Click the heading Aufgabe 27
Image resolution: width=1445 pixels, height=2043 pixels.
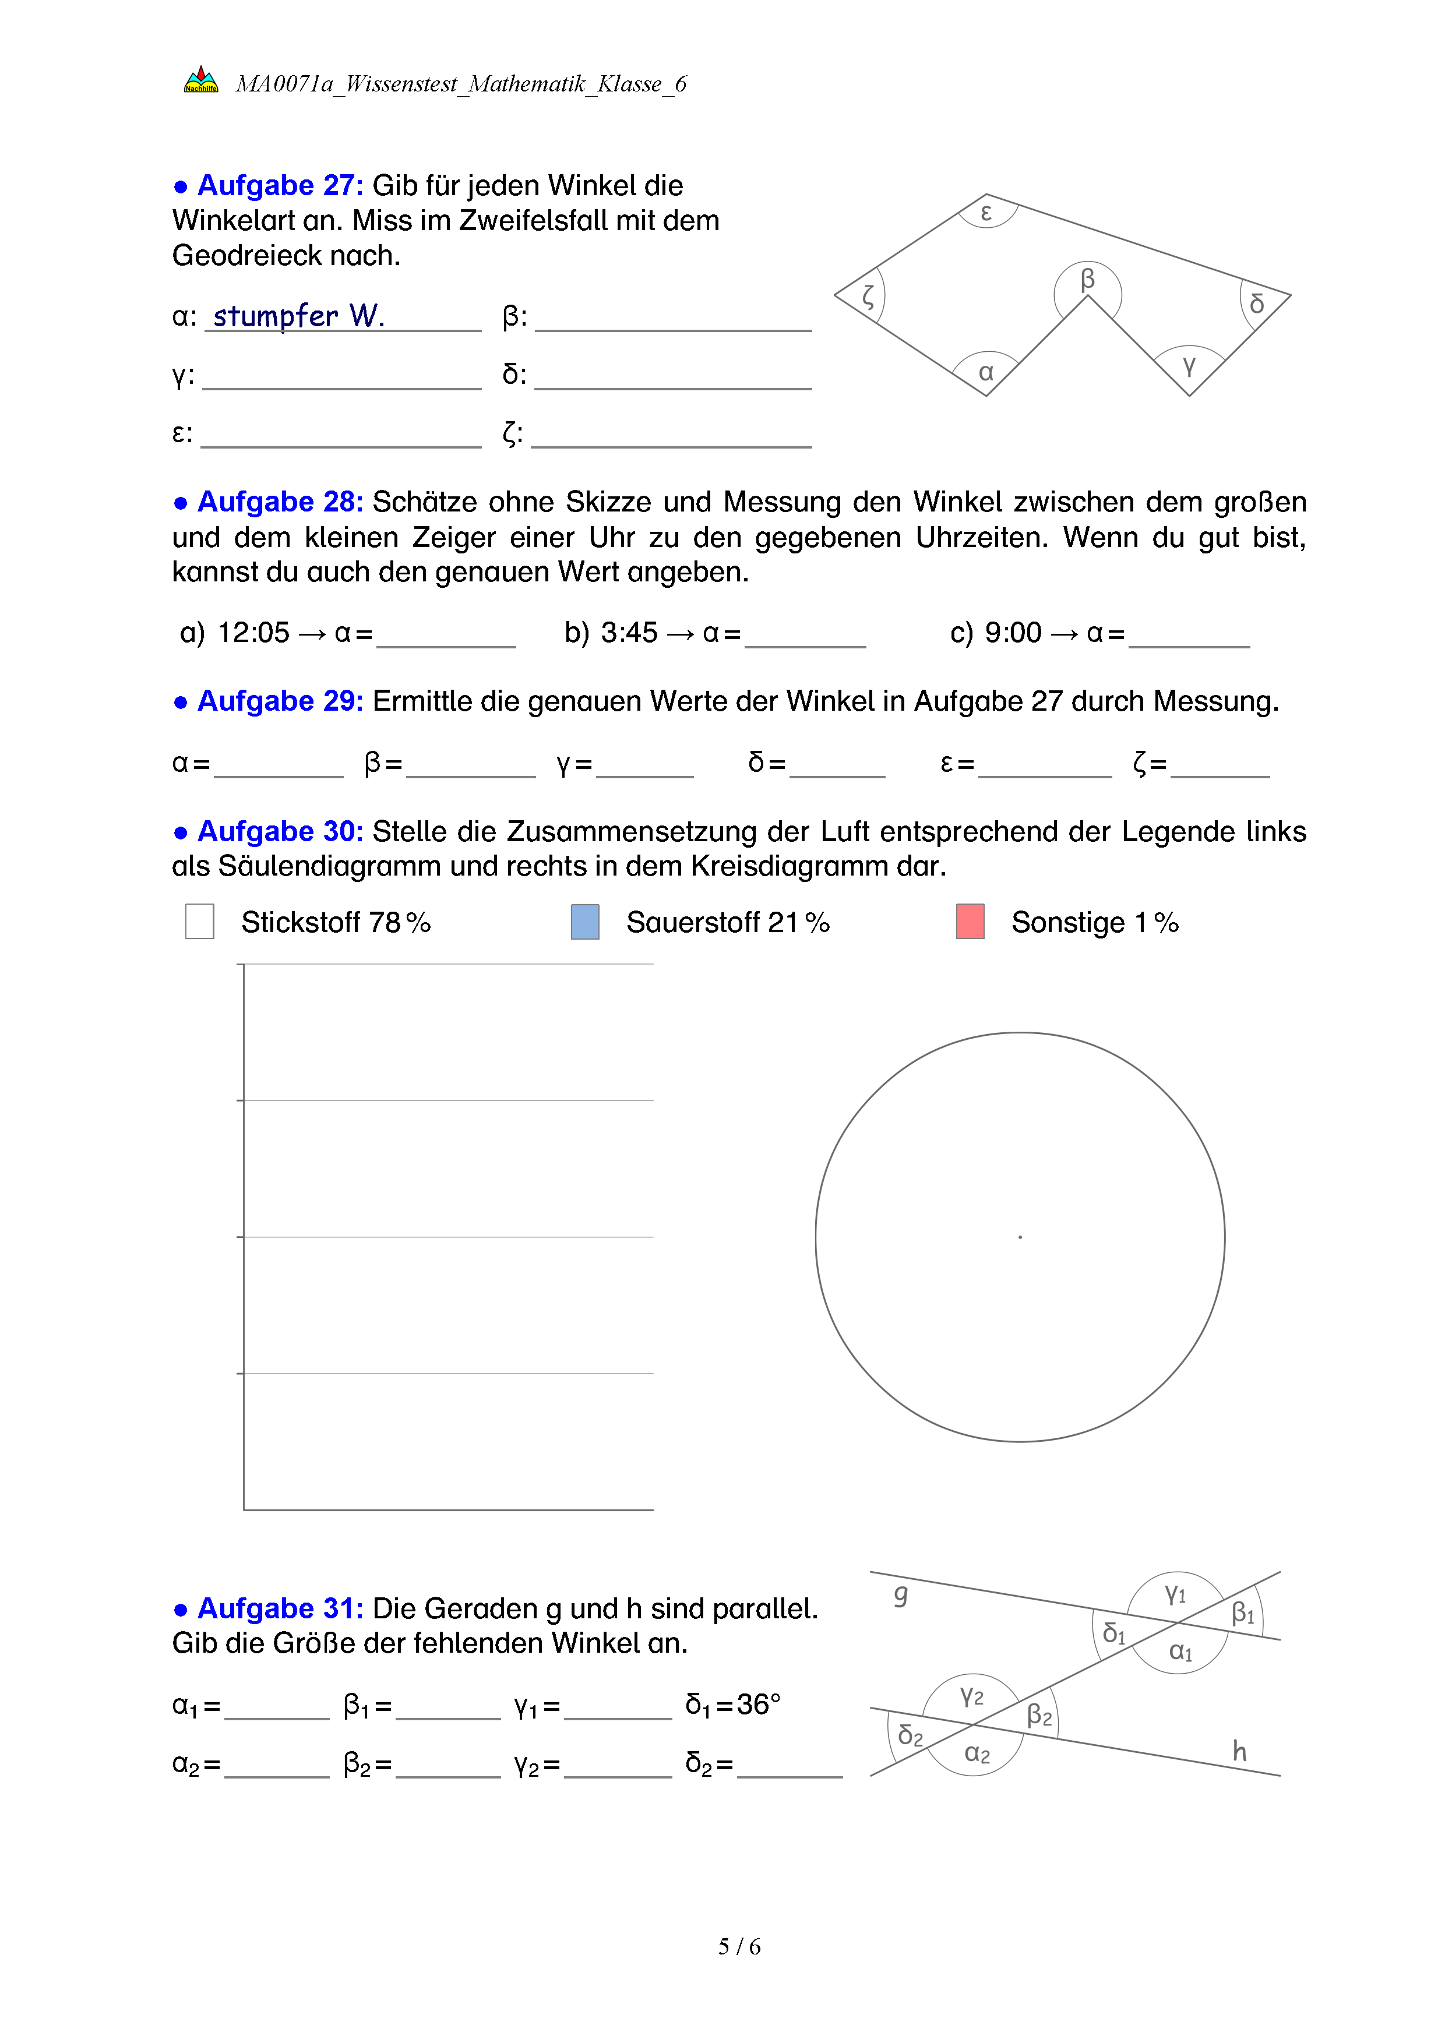point(280,185)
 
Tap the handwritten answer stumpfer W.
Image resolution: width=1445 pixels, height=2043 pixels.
point(298,316)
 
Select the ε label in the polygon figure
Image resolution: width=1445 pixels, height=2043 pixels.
point(986,213)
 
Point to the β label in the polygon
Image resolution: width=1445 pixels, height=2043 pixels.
point(1087,280)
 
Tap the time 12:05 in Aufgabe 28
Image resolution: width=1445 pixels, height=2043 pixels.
point(253,633)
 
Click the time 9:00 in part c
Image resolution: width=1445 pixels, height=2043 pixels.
point(1013,633)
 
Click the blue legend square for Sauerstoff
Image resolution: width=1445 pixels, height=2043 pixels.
point(584,922)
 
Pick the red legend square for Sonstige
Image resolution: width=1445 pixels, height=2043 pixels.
point(970,922)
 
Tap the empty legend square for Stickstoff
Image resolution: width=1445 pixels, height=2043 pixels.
point(199,922)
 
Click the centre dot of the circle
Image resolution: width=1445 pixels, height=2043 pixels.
point(1020,1237)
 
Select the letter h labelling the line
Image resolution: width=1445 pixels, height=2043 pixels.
point(1239,1751)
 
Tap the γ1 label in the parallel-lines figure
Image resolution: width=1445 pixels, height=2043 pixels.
point(1175,1594)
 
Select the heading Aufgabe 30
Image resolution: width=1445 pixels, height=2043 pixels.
point(280,831)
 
